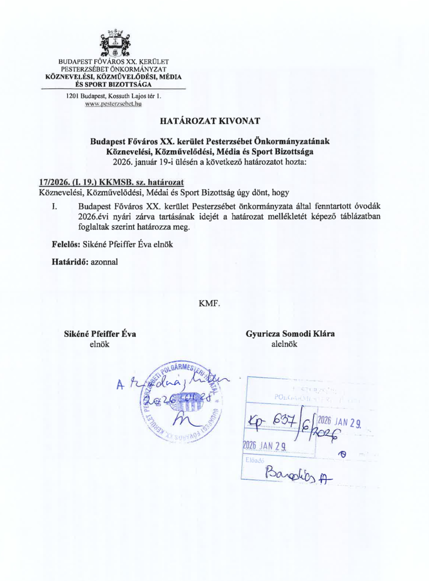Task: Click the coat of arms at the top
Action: [114, 43]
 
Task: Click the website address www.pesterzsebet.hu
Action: [113, 104]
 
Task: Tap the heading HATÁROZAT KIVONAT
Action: [210, 121]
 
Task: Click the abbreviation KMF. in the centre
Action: [209, 304]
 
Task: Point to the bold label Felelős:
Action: [66, 244]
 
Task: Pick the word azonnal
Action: [104, 262]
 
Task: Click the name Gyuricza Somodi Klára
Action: [290, 334]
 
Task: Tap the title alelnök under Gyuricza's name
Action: [284, 344]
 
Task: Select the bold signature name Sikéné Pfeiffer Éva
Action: [100, 334]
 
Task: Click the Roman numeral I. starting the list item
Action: [55, 206]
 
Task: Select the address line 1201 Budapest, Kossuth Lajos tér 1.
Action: [113, 96]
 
